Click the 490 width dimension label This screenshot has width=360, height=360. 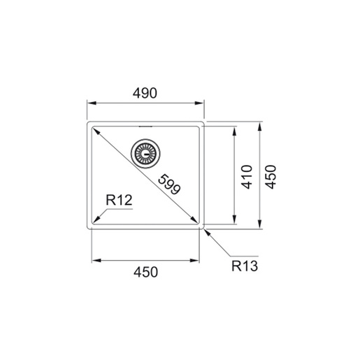[145, 93]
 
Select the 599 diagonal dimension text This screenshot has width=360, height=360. [169, 184]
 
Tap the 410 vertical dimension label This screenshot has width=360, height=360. [247, 177]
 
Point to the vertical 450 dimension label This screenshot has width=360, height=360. [271, 177]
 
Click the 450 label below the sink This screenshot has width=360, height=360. [145, 272]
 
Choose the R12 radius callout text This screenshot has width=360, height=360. [119, 200]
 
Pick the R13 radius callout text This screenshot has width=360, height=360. [245, 266]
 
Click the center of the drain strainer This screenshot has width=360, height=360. [145, 154]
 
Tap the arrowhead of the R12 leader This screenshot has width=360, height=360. [96, 219]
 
